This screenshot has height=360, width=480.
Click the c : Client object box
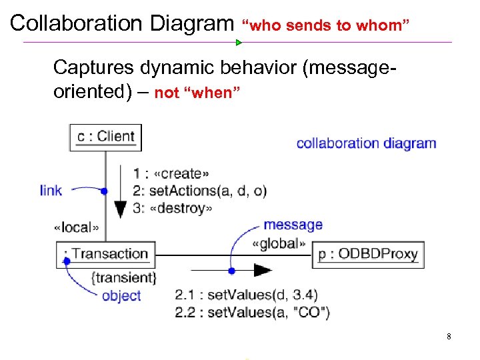click(x=105, y=137)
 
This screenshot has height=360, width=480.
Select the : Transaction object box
click(x=106, y=254)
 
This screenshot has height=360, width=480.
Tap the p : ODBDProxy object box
click(x=367, y=254)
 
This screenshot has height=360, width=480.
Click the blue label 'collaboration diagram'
click(x=366, y=143)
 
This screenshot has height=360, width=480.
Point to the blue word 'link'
click(x=51, y=191)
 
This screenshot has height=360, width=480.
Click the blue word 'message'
click(x=293, y=225)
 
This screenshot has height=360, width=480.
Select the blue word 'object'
click(x=121, y=295)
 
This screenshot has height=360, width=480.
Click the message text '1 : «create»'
click(x=171, y=174)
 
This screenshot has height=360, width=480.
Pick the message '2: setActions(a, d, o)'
click(x=199, y=191)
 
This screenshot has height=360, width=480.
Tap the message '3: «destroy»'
click(x=173, y=209)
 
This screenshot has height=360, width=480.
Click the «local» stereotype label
click(x=76, y=227)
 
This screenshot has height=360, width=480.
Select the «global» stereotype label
click(x=279, y=243)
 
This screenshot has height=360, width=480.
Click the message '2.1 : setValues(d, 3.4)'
click(x=246, y=294)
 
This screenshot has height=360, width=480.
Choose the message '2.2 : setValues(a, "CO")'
click(x=252, y=311)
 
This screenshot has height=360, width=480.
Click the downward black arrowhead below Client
click(x=120, y=209)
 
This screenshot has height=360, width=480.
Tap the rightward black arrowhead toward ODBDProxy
click(x=263, y=271)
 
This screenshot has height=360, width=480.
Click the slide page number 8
click(x=449, y=337)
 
